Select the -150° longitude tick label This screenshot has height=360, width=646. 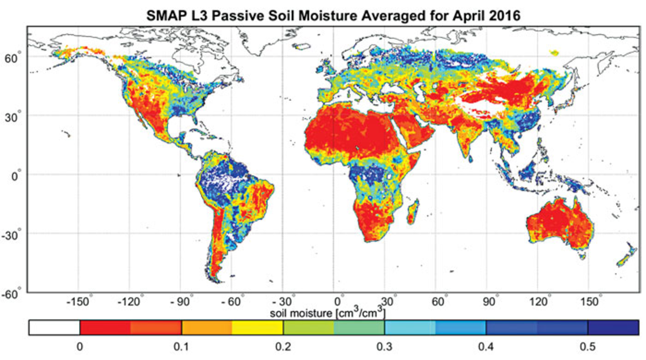pos(78,301)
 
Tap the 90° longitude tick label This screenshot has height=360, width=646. pos(489,301)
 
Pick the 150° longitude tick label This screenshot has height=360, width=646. pos(590,301)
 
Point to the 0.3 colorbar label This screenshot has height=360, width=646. pos(385,347)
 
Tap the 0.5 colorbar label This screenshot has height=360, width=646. pos(587,347)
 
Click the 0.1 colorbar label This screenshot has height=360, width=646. pos(181,347)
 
